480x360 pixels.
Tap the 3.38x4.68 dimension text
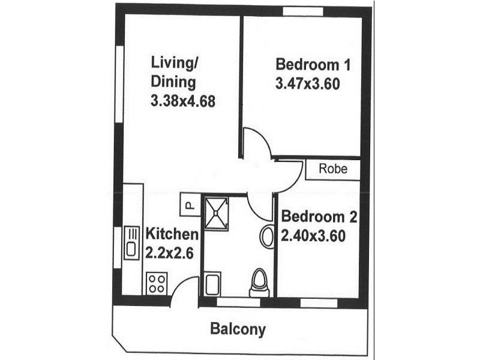(x=182, y=102)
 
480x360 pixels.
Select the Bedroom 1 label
(x=312, y=65)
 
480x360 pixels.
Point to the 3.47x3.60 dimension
(x=308, y=84)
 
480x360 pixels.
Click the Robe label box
(x=333, y=169)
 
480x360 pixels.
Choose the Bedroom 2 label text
(x=319, y=217)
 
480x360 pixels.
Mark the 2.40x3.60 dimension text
(x=313, y=236)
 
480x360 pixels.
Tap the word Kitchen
(x=172, y=234)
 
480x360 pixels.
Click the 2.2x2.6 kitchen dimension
(x=169, y=253)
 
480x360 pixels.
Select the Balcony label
(x=238, y=329)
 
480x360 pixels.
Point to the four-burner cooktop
(x=157, y=283)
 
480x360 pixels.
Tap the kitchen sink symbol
(x=131, y=242)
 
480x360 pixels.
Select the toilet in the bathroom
(x=259, y=281)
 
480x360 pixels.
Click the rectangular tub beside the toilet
(x=212, y=284)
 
